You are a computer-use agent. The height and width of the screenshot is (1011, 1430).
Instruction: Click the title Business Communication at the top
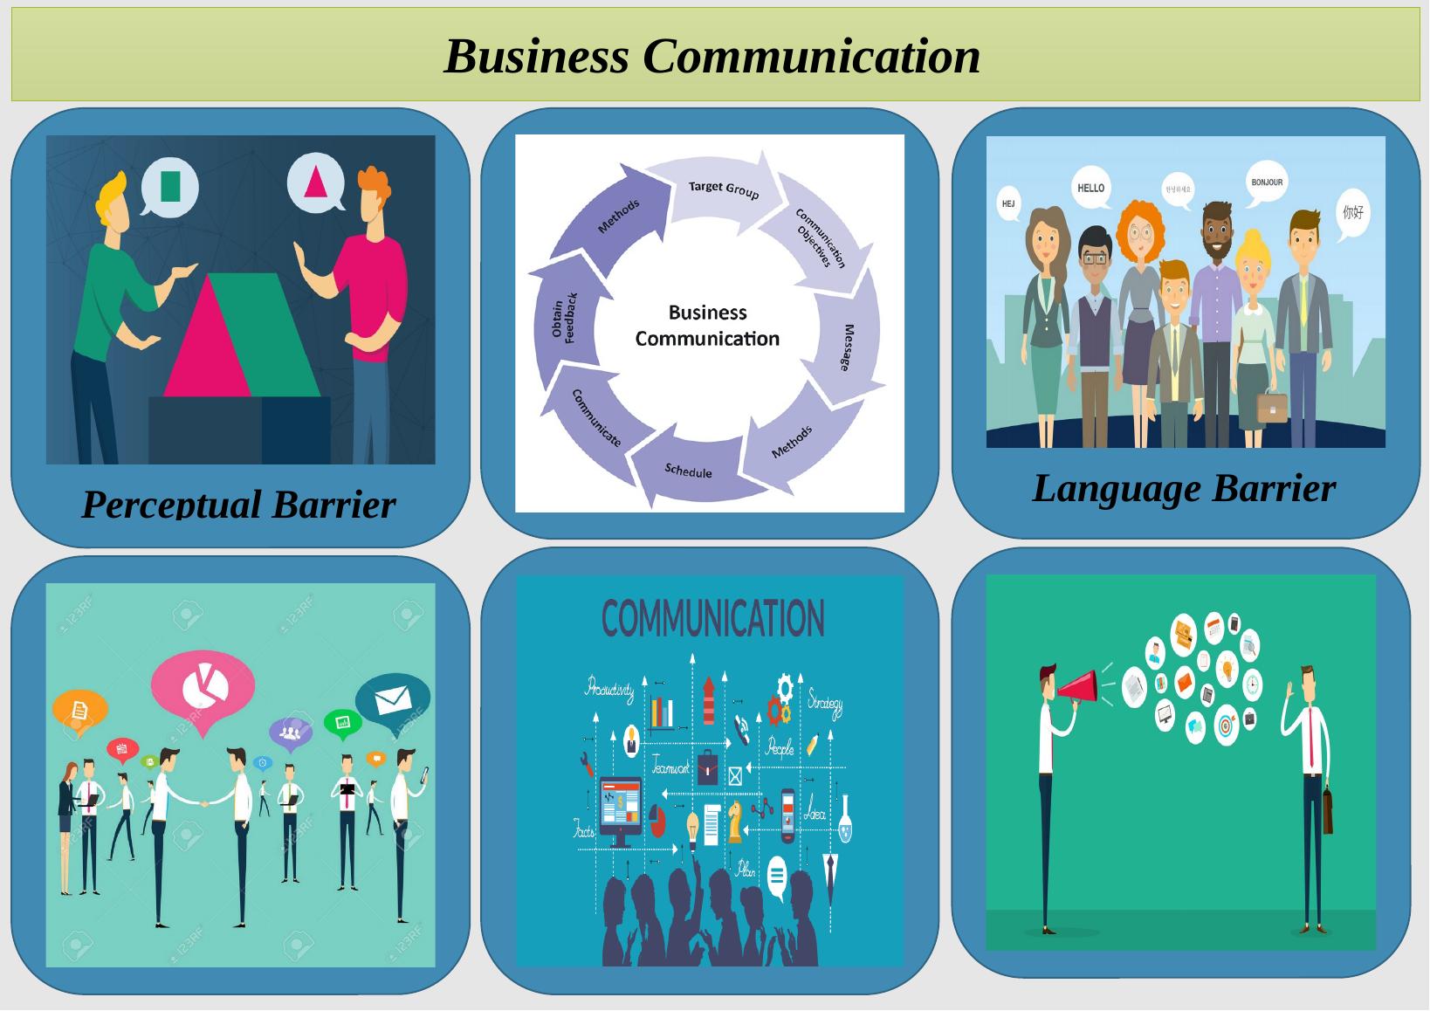[712, 56]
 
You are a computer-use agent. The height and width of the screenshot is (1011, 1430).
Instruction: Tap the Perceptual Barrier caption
[238, 504]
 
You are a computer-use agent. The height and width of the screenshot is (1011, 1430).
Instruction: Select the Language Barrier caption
[1184, 488]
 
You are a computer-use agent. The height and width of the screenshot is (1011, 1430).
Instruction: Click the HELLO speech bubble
[1091, 189]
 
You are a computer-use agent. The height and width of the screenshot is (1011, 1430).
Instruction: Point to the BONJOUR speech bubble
[1267, 182]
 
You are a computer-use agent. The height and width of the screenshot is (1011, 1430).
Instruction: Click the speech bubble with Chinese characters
[1352, 213]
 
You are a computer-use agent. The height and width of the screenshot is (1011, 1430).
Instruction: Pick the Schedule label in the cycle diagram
[689, 471]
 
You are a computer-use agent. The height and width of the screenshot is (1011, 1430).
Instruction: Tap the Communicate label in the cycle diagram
[597, 418]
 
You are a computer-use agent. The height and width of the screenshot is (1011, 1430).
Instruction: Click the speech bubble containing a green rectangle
[170, 186]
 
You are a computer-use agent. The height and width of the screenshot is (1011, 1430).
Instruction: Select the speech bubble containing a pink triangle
[315, 182]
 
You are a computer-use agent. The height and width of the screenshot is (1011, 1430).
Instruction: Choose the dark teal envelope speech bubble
[393, 699]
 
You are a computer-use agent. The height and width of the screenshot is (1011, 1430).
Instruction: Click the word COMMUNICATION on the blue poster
[712, 619]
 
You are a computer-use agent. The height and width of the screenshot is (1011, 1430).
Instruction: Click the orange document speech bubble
[79, 711]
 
